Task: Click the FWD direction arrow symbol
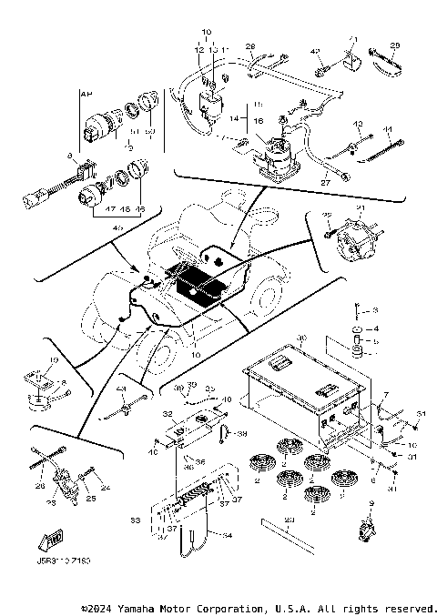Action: [52, 544]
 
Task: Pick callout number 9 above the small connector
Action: [371, 503]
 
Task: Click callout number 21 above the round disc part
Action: [361, 209]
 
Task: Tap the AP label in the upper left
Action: [86, 94]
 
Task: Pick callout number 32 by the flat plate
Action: [167, 414]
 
